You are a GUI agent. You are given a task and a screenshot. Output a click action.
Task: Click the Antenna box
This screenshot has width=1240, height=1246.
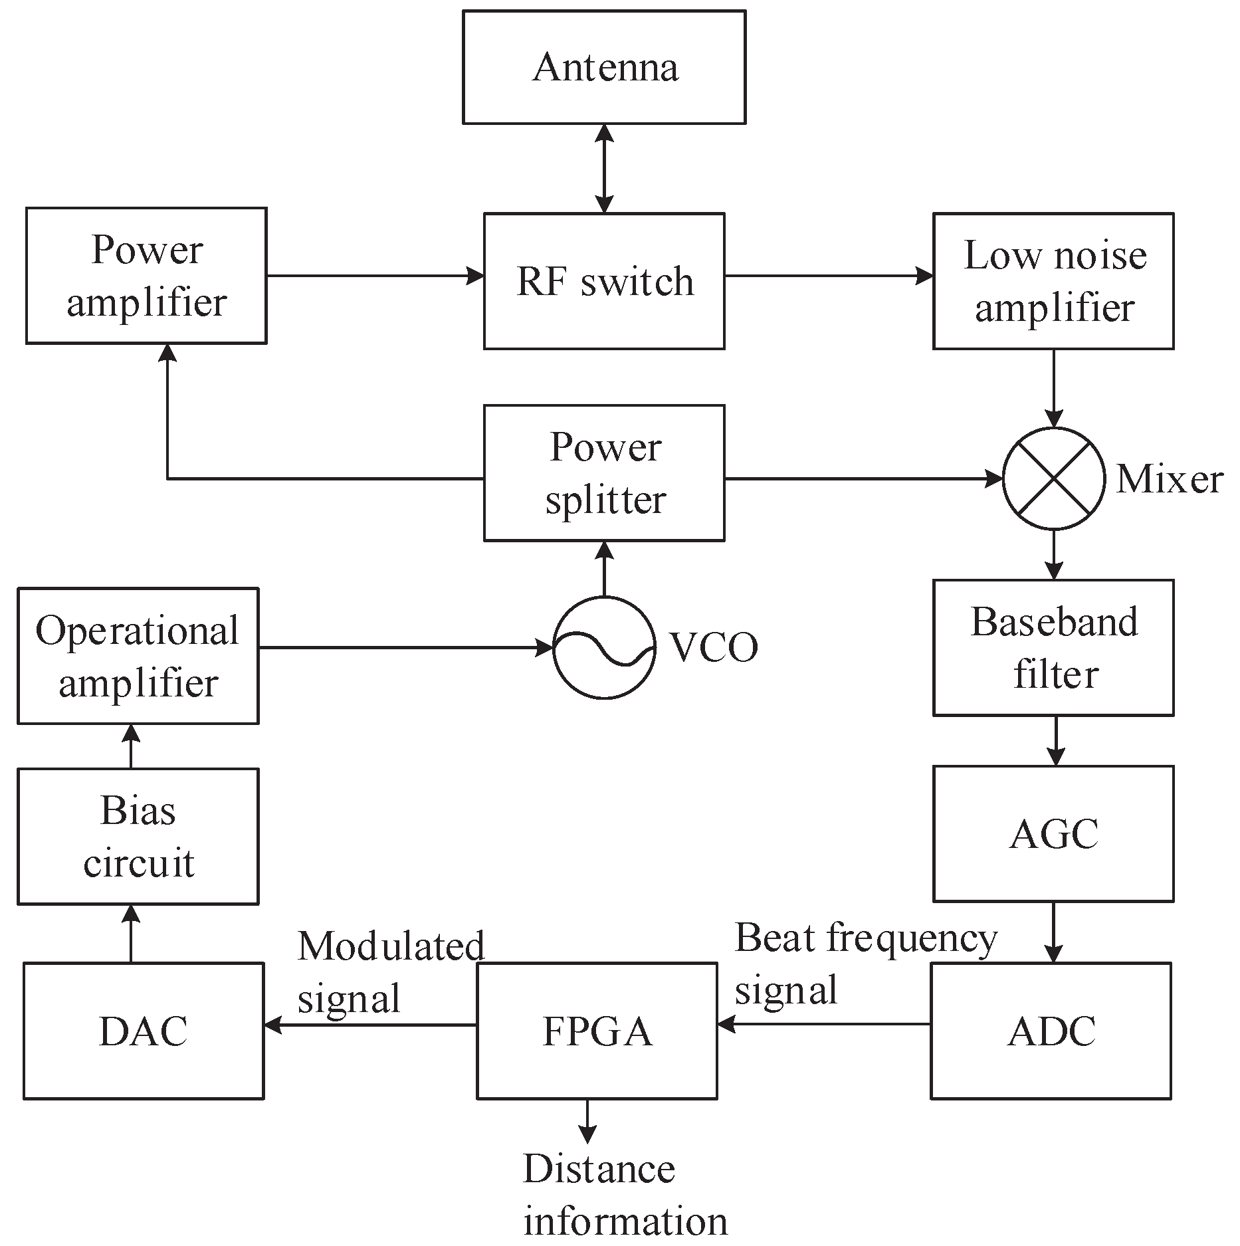click(x=604, y=67)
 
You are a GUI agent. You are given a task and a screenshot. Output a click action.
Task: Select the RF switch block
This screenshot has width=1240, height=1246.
click(x=604, y=281)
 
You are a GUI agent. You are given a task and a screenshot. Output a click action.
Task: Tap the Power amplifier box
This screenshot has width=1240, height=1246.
click(x=146, y=276)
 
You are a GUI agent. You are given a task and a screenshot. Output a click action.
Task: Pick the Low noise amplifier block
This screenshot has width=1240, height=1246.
click(x=1053, y=281)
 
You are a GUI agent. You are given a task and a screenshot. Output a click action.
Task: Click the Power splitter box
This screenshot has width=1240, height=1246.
click(x=604, y=473)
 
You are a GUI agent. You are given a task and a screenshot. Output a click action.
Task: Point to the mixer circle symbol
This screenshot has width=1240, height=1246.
click(x=1053, y=478)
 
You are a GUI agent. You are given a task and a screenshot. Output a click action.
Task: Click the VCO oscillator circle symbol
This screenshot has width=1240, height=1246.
click(x=604, y=647)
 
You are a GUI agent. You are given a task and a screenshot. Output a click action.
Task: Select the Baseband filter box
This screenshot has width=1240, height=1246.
click(x=1053, y=648)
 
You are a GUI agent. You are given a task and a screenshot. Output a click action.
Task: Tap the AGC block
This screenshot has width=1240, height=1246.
click(x=1053, y=834)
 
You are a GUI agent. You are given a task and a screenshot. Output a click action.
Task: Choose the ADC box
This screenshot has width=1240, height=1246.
click(x=1051, y=1031)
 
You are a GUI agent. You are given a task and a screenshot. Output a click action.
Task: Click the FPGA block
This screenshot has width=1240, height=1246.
click(x=597, y=1031)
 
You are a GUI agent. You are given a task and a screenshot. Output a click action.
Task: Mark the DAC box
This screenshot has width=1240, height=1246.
click(x=144, y=1031)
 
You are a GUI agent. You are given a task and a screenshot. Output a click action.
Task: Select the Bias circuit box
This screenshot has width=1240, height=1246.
click(x=138, y=837)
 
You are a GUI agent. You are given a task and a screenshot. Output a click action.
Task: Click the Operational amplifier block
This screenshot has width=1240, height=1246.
click(x=138, y=656)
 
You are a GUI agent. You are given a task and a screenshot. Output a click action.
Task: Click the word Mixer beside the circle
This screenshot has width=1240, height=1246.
click(x=1169, y=479)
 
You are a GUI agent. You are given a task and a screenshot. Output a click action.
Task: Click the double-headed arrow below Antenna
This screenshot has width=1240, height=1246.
click(x=604, y=168)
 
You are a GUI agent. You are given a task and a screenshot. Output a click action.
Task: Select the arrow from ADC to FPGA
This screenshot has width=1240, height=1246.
click(x=824, y=1025)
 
